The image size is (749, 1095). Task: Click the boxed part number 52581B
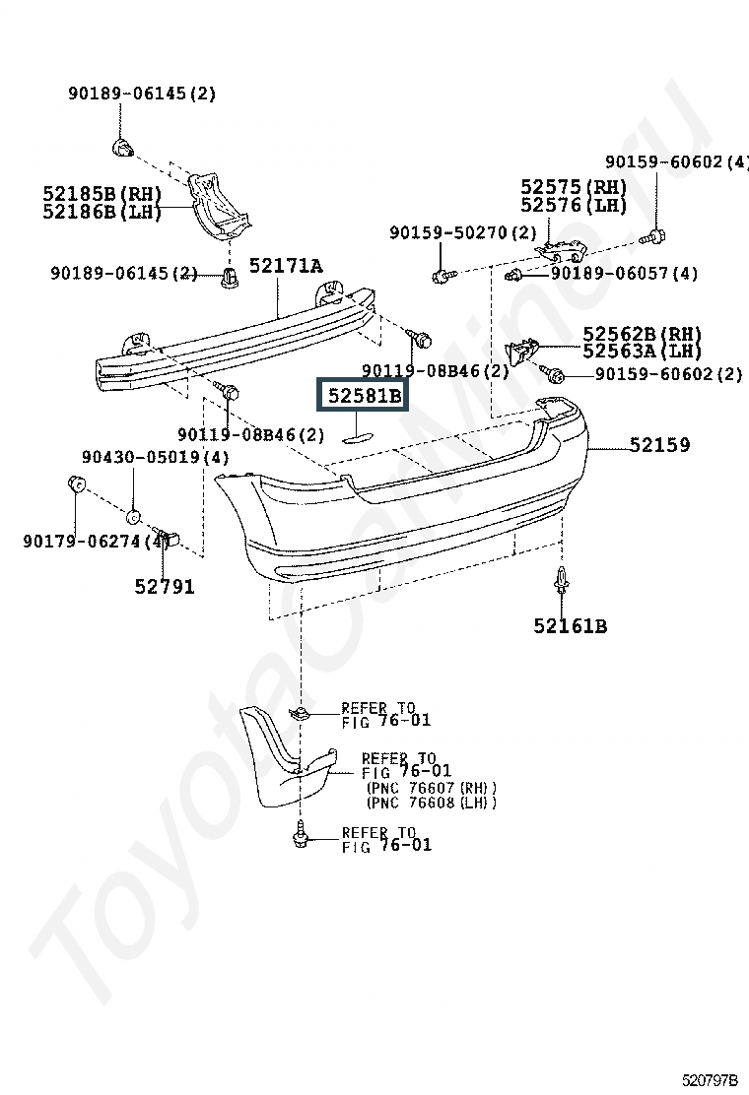click(x=359, y=397)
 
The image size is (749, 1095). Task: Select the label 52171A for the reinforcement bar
click(x=285, y=266)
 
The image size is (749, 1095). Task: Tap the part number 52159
click(x=660, y=445)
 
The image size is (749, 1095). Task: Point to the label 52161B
click(x=571, y=624)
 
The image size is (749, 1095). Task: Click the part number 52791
click(x=165, y=587)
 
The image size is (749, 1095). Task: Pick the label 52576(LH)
click(x=574, y=205)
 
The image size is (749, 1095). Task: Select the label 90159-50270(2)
click(x=462, y=233)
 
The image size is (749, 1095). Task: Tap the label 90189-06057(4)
click(x=624, y=273)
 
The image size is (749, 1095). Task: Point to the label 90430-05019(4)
click(x=155, y=457)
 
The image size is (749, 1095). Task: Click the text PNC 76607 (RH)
click(x=432, y=788)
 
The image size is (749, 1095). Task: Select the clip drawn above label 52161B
click(x=561, y=580)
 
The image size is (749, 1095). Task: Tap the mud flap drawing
click(x=286, y=753)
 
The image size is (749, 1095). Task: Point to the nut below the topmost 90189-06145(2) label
click(x=123, y=148)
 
